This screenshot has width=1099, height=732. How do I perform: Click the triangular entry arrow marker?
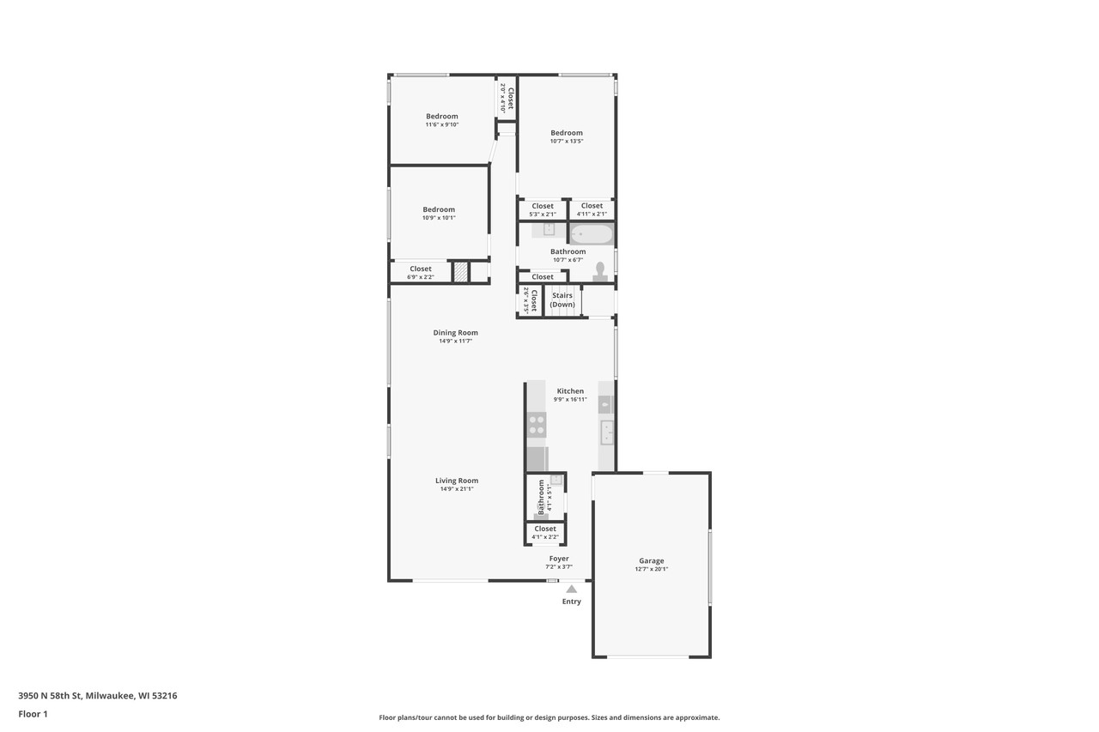click(571, 589)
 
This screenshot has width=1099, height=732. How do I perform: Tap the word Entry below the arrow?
click(571, 602)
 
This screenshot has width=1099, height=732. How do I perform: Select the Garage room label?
click(651, 561)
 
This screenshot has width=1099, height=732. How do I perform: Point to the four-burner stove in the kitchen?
click(537, 424)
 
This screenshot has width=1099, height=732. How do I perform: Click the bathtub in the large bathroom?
click(592, 233)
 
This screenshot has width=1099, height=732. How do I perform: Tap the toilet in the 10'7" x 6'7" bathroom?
click(600, 271)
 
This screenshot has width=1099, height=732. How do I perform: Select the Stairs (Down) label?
click(562, 300)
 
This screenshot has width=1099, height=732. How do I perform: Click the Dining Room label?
click(455, 333)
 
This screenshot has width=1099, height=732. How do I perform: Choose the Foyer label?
click(558, 559)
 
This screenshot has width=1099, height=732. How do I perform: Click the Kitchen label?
click(570, 391)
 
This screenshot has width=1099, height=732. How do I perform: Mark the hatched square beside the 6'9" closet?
click(461, 272)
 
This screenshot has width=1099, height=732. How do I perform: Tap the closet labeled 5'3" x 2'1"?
click(543, 209)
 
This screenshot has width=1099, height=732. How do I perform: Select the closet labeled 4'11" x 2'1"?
click(592, 209)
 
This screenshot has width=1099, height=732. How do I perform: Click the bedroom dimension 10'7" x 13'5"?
click(567, 142)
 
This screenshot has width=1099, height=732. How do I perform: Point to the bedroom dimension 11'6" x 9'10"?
click(442, 124)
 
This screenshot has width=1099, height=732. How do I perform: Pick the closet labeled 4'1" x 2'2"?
click(545, 533)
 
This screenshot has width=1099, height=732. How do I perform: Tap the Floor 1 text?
click(33, 714)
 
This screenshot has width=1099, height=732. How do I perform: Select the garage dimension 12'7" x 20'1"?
click(651, 569)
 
